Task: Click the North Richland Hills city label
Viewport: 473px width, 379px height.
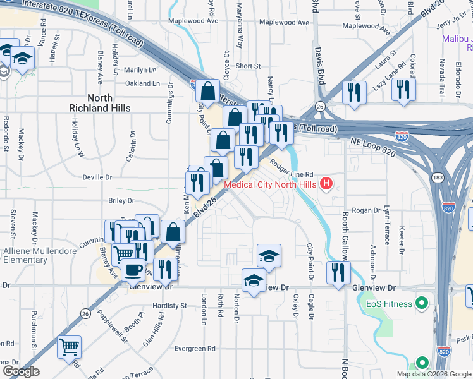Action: click(100, 103)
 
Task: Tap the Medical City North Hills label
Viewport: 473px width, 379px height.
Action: click(271, 184)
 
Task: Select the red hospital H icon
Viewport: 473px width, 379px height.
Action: click(326, 184)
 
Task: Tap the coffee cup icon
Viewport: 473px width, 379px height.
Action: click(132, 270)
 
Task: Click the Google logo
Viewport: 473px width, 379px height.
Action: click(21, 371)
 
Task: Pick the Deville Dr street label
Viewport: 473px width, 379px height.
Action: click(97, 177)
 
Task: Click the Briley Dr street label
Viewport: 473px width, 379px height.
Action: click(121, 201)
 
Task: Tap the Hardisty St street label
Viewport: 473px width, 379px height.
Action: click(171, 305)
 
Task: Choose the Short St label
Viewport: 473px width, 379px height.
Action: click(248, 66)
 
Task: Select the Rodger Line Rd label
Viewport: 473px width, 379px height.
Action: click(292, 168)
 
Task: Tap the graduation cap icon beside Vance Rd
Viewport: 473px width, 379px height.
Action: click(23, 59)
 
